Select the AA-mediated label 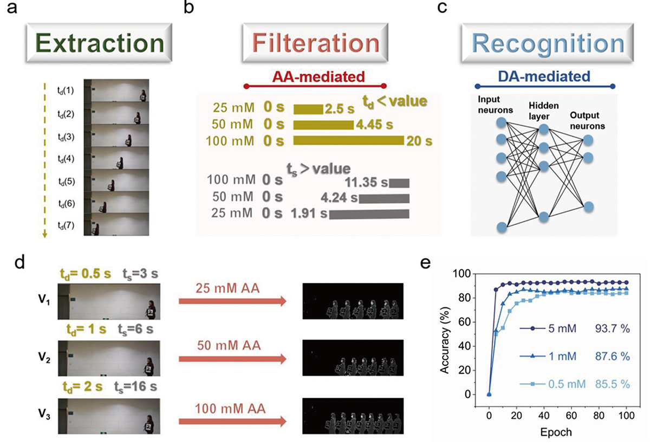pos(316,77)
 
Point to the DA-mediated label pos(545,77)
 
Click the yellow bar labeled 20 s pos(348,141)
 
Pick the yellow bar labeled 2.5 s pos(308,109)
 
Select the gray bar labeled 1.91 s pos(369,215)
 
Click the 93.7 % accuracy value pos(613,328)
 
